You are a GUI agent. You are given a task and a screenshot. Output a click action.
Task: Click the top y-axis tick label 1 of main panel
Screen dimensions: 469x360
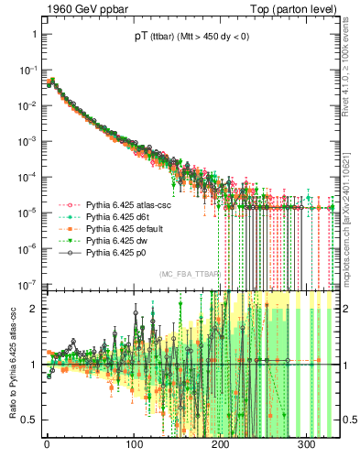[33, 34]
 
